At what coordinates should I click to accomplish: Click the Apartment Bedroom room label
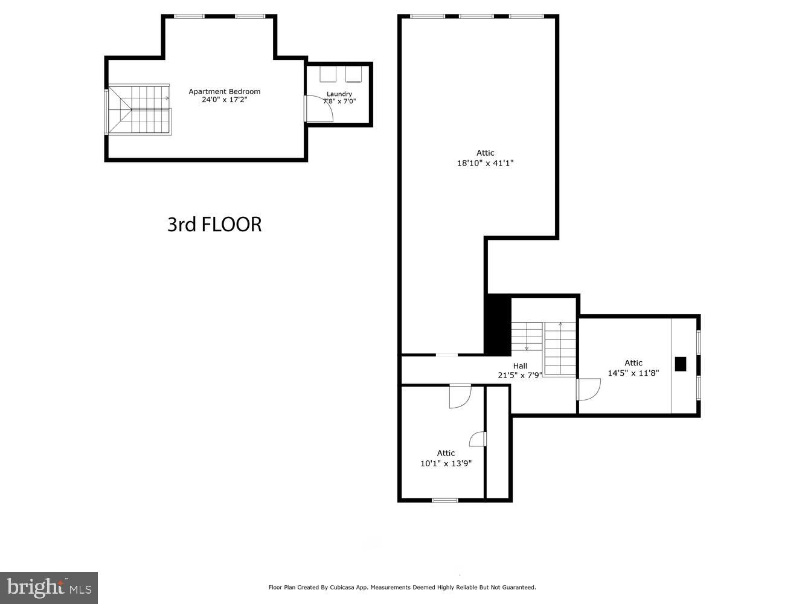224,92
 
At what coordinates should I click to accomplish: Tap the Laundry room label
339,94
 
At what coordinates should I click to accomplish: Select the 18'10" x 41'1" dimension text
485,163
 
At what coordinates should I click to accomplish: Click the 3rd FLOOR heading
214,224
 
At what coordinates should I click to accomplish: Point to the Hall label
520,366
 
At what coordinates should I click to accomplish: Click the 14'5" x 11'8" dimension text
633,373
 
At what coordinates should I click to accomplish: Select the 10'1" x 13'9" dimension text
446,464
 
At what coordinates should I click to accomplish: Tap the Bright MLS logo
49,587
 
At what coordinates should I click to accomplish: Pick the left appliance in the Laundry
328,74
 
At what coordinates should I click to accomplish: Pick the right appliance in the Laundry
353,74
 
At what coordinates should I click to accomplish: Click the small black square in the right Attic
680,364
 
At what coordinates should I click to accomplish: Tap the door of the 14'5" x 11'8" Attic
588,389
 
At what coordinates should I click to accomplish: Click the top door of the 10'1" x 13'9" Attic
460,396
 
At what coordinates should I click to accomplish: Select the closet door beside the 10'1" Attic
478,439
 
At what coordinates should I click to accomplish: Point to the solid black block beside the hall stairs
498,324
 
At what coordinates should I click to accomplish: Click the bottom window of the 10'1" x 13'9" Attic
445,500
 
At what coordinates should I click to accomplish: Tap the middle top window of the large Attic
476,16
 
